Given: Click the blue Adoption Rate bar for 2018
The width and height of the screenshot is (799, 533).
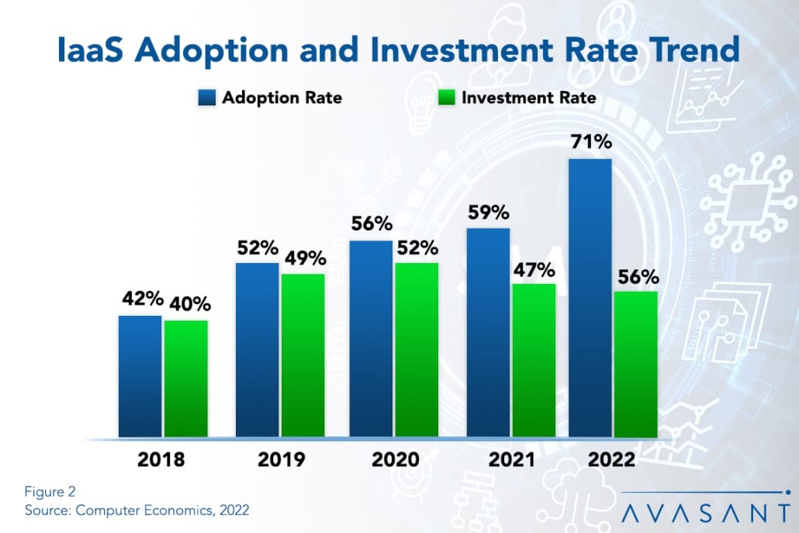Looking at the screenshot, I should coord(140,376).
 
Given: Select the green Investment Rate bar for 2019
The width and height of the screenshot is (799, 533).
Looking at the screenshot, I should coord(303,355).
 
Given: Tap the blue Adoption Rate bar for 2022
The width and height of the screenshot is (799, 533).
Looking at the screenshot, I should coord(590,299).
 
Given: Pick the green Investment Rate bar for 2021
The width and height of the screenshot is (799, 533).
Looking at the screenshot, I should coord(534,361).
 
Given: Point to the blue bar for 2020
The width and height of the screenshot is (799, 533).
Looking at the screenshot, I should coord(371,339).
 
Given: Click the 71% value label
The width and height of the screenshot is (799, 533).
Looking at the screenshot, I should coord(590,143).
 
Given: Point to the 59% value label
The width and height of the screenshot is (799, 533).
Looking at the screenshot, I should coord(488,212).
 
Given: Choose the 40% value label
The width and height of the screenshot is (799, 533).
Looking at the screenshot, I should coord(186,305).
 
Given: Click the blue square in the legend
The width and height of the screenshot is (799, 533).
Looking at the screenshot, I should coord(209,99).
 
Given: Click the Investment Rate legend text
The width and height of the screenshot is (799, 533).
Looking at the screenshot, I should coord(529,99).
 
